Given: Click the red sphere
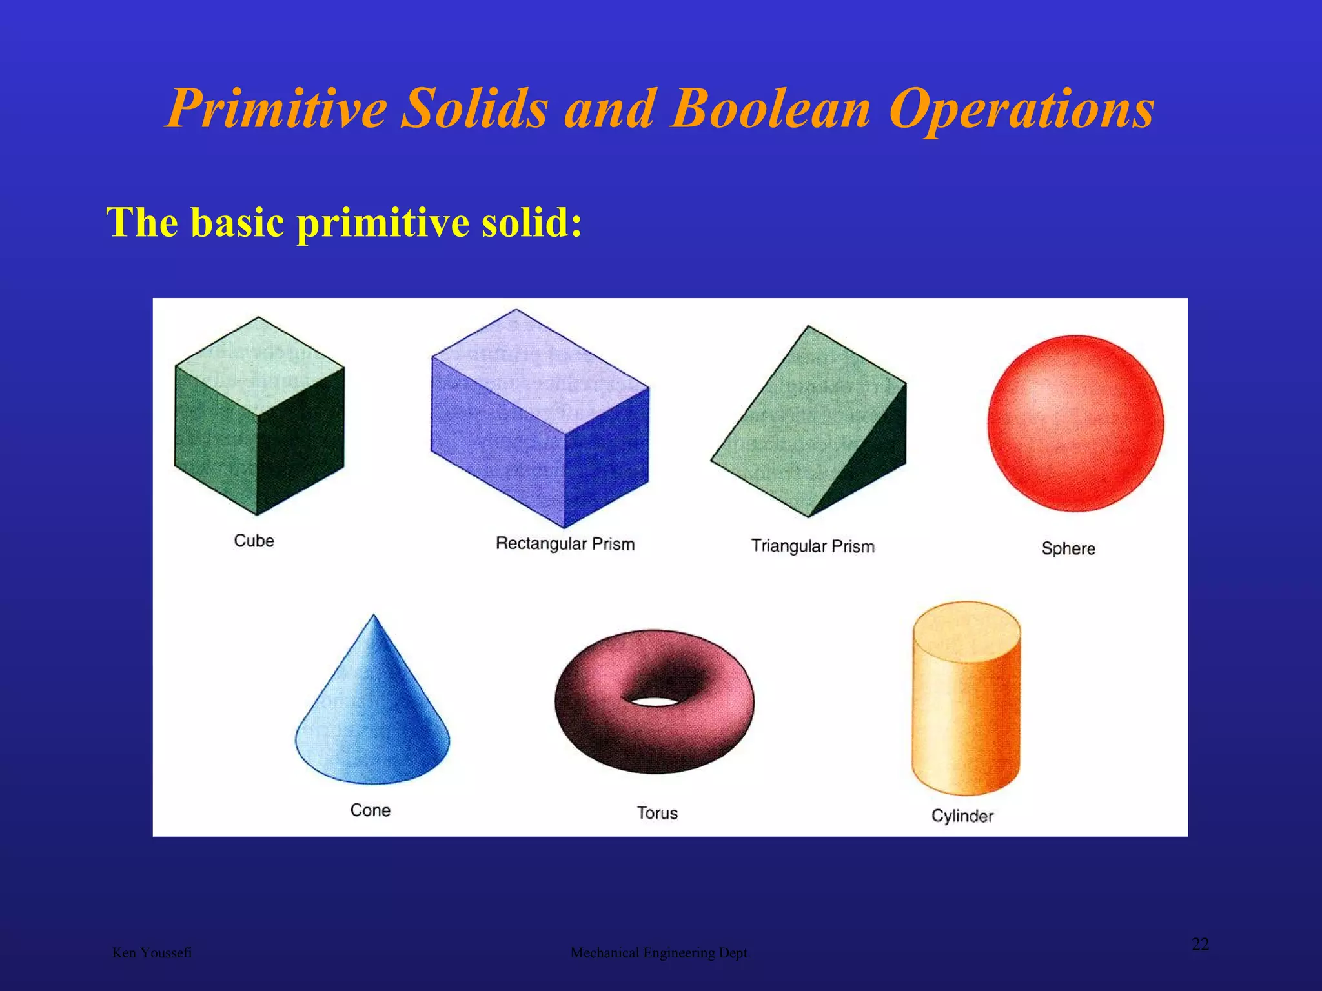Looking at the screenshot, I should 1075,423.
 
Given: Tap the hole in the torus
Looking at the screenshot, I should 653,701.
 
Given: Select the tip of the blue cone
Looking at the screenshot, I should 374,617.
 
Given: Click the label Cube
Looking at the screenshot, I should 254,541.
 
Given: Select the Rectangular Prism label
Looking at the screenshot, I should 565,544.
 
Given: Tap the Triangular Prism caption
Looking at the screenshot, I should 813,546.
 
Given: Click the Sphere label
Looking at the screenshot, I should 1068,548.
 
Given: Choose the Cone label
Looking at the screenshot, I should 370,810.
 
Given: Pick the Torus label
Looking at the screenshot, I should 657,813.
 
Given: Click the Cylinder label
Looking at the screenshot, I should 962,816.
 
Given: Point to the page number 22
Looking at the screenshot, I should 1200,945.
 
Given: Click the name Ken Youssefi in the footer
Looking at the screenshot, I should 152,953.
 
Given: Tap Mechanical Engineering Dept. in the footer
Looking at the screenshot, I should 660,953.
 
